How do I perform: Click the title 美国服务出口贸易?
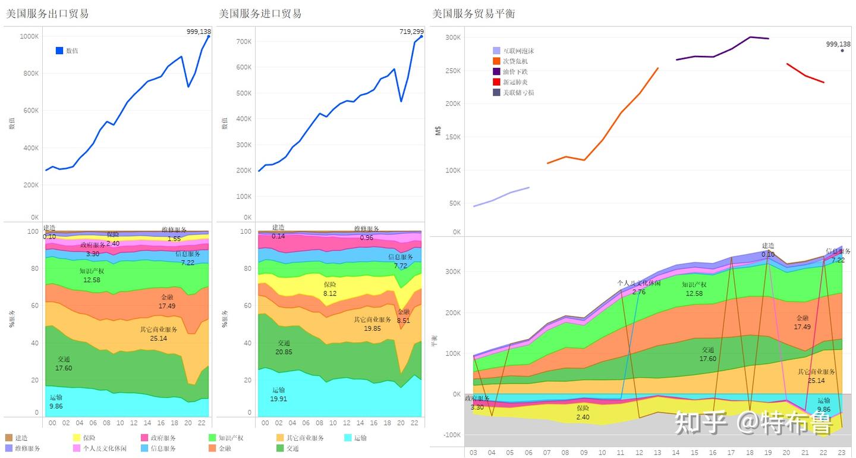(47, 14)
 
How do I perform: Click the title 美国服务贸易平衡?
(473, 14)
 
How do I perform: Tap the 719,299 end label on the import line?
(411, 32)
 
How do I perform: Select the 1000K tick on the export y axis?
(29, 36)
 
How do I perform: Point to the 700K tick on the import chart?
(244, 42)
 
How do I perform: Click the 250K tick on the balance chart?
(453, 71)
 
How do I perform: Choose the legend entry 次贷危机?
(515, 61)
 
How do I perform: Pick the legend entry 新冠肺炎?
(515, 82)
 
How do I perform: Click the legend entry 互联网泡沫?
(518, 51)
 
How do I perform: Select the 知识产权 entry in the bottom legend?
(230, 438)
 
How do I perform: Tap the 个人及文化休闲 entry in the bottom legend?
(104, 448)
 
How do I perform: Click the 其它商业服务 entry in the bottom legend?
(305, 438)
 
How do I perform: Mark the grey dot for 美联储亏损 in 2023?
(842, 51)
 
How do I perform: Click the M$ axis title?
(438, 131)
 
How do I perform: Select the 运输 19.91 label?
(278, 394)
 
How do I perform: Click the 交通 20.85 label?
(284, 347)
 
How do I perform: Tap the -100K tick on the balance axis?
(452, 435)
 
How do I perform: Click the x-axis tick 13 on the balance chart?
(658, 453)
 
